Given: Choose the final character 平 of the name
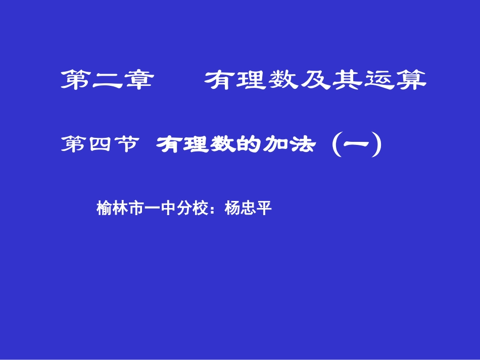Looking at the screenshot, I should (265, 209).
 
